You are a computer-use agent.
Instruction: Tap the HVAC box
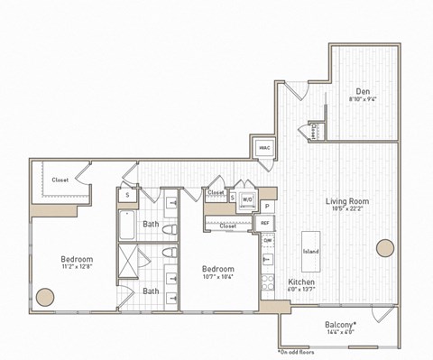coord(264,148)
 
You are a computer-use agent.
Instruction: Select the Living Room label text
coord(346,201)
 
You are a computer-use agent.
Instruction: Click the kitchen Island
coord(311,251)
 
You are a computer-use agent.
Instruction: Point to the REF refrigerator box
coord(265,222)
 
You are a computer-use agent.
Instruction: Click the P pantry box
coord(267,206)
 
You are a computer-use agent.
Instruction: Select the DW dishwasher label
coord(267,241)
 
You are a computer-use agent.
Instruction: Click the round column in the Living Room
coord(385,248)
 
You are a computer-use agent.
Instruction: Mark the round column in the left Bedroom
coord(46,296)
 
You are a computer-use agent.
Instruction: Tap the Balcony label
coord(339,324)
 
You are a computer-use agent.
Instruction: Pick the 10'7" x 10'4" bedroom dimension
coord(217,278)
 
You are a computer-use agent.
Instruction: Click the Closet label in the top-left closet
coord(60,180)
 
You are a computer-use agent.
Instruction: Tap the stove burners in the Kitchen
coord(267,281)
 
